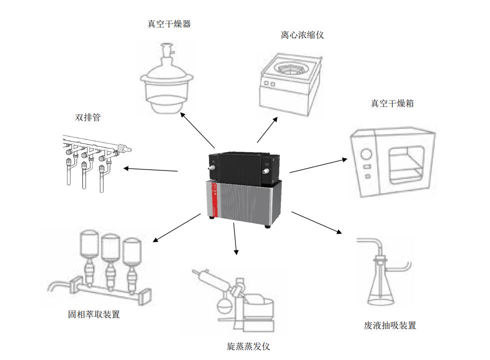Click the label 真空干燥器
(169, 24)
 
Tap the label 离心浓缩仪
(302, 35)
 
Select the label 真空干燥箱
(392, 103)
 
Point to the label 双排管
(87, 117)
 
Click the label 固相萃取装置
(94, 314)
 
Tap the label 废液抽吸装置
(390, 325)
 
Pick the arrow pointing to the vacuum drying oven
(318, 165)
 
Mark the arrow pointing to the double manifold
(150, 169)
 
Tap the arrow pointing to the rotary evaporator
(235, 239)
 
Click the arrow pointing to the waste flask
(316, 223)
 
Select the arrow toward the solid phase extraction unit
(176, 228)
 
